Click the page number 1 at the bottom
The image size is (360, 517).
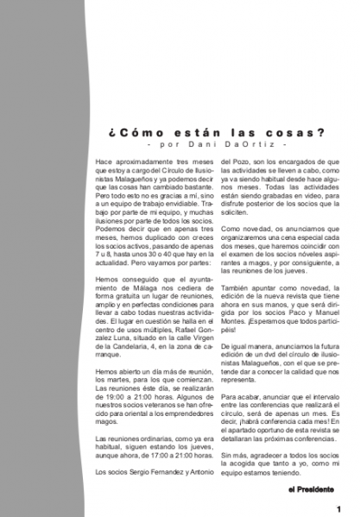point(339,508)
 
